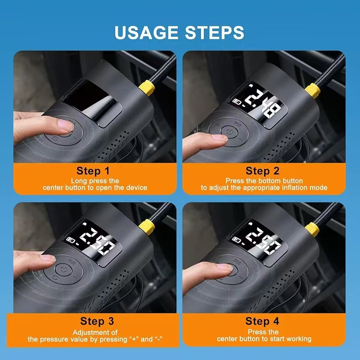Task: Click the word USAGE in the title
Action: [x=146, y=32]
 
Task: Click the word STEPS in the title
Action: [x=215, y=32]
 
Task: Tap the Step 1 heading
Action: [x=93, y=171]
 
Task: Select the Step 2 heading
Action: [x=263, y=171]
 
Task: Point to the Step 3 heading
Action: [x=97, y=321]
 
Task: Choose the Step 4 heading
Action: [x=262, y=321]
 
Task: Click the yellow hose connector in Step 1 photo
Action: [x=147, y=87]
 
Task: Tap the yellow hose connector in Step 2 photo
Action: [x=313, y=91]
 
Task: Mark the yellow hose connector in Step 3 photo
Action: [x=147, y=227]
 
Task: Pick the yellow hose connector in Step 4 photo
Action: [x=312, y=230]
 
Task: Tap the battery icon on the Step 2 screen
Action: [x=237, y=101]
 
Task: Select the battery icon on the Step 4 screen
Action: [x=236, y=240]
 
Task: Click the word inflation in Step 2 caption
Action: [x=293, y=188]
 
